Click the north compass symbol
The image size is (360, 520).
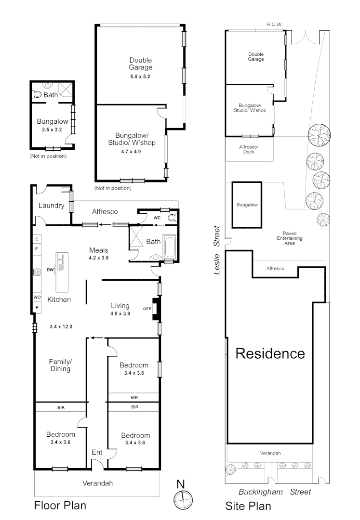[x=182, y=499]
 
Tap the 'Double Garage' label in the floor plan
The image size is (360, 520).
[x=140, y=64]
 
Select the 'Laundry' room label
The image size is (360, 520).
[x=52, y=206]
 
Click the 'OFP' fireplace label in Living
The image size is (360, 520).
[x=147, y=309]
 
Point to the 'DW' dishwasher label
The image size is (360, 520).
[x=50, y=270]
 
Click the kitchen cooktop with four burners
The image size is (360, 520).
[x=37, y=272]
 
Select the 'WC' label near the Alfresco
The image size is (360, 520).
[x=157, y=218]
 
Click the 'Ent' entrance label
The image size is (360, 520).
[x=97, y=453]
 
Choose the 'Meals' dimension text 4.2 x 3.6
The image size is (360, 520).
[x=98, y=258]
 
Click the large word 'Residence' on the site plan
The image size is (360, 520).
[x=270, y=354]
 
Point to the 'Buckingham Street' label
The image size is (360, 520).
[x=275, y=492]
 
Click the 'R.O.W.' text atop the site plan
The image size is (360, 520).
[x=274, y=24]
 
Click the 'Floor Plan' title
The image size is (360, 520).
[x=60, y=506]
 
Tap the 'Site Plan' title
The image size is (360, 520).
[x=248, y=506]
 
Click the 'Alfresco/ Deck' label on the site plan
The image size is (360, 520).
[x=249, y=149]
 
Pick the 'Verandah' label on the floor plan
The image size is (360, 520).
[x=97, y=483]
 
